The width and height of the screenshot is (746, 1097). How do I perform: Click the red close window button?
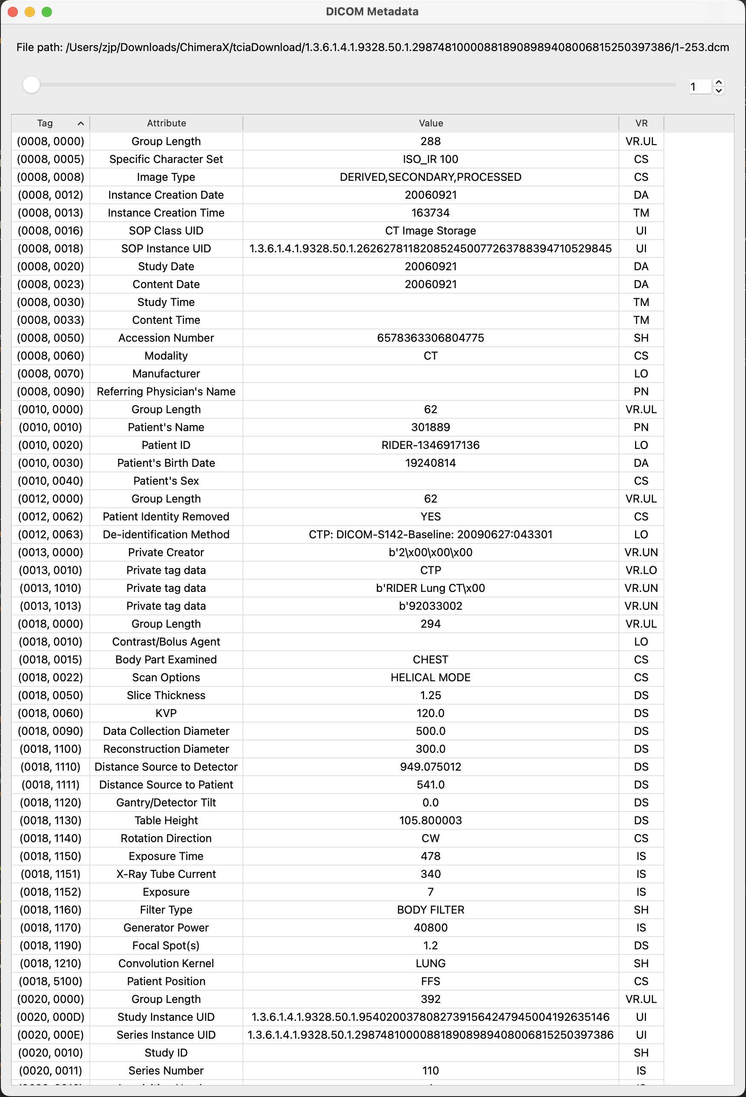click(13, 12)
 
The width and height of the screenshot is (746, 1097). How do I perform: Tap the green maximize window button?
click(47, 12)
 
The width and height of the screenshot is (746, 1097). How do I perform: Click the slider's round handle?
click(31, 85)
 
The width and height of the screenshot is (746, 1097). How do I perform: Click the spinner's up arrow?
click(719, 82)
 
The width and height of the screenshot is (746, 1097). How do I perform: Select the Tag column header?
click(46, 123)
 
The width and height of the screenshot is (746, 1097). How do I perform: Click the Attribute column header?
click(166, 123)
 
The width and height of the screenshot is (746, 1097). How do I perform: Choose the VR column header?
click(641, 123)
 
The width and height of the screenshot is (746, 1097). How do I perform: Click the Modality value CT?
click(430, 356)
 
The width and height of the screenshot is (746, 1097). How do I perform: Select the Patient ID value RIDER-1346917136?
click(430, 445)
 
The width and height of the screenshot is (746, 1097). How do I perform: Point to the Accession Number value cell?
click(430, 338)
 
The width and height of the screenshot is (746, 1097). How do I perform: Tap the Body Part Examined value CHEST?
click(430, 660)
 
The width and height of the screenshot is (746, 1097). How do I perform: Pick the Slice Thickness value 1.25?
click(430, 695)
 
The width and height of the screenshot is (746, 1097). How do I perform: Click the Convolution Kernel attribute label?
click(166, 963)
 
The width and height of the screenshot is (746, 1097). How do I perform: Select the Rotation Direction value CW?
click(430, 838)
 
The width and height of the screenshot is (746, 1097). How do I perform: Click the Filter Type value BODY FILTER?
click(430, 910)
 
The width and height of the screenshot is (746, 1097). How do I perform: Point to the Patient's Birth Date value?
click(430, 463)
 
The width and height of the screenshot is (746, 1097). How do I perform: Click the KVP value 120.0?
click(430, 713)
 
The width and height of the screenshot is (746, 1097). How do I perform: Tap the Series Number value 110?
click(430, 1071)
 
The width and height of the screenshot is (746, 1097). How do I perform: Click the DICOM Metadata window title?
click(372, 12)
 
